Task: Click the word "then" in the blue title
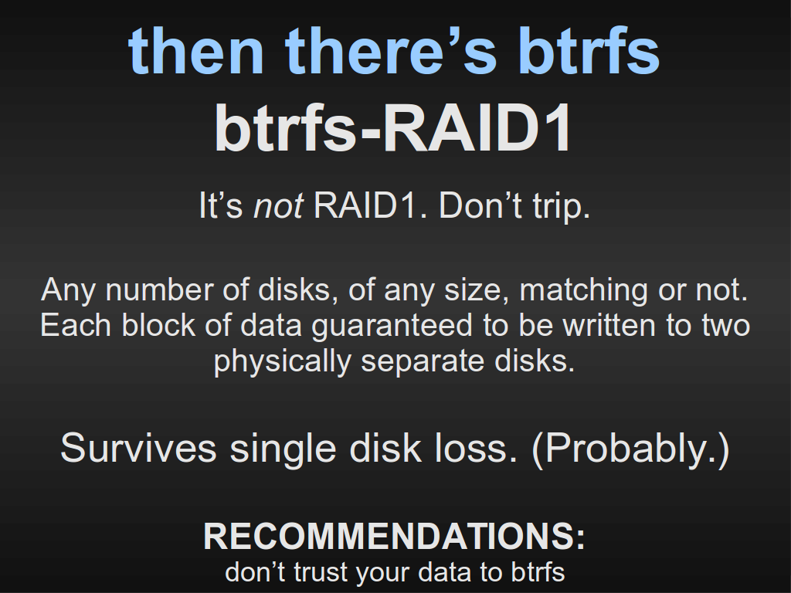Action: (195, 50)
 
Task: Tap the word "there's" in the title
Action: (391, 50)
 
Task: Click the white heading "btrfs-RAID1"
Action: (394, 127)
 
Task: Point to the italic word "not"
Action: (278, 205)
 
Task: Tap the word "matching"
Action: (583, 291)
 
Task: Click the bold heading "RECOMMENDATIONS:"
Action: (395, 536)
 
